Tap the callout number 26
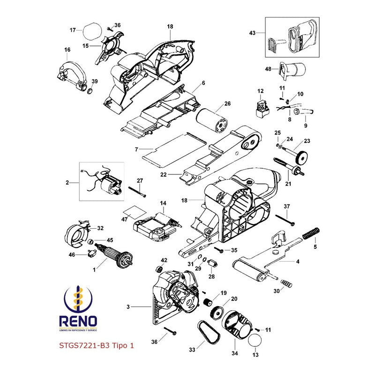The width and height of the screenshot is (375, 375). [227, 104]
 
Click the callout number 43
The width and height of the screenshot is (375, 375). [253, 33]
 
